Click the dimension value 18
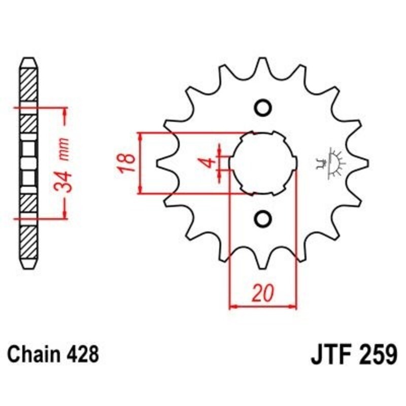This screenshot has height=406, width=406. point(128,163)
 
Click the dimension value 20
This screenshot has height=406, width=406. point(263,293)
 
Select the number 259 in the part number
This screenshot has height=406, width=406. point(376,353)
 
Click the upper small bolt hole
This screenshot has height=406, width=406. point(263,108)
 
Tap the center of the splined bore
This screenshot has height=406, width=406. point(263,163)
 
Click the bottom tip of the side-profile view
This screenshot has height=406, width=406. point(29,269)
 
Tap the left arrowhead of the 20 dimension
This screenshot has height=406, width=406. point(233,306)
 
